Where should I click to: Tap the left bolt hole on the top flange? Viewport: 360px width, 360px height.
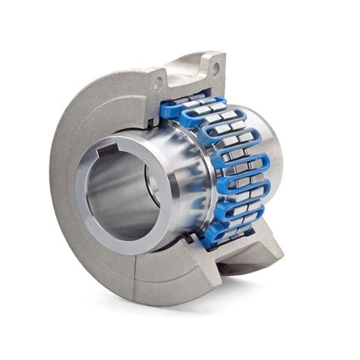tap(162, 75)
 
